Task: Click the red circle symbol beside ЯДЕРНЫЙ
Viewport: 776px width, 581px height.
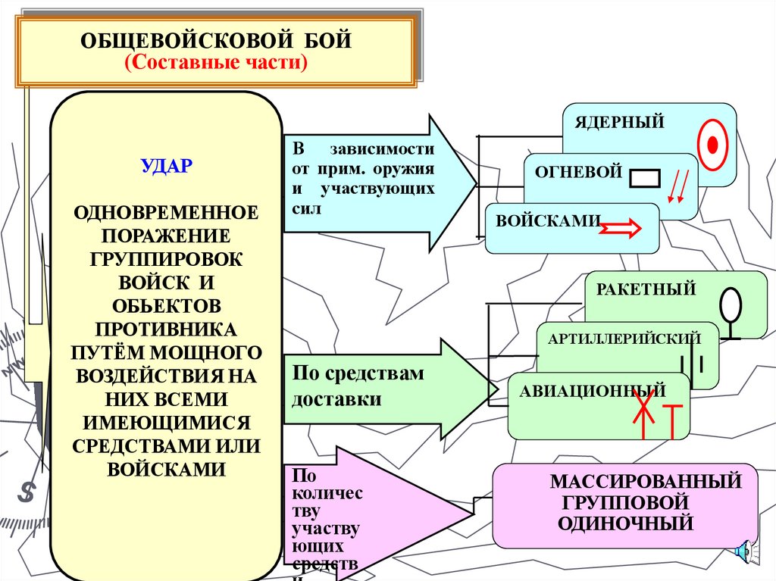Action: coord(712,145)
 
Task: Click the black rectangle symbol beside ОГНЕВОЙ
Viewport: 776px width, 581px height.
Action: coord(645,177)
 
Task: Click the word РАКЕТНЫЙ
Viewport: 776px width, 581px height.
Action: coord(646,289)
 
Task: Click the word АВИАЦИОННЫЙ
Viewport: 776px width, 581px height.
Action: coord(593,391)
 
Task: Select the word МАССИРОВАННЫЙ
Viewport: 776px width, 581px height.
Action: coord(645,481)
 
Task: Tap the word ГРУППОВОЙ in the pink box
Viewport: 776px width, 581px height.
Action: coord(625,501)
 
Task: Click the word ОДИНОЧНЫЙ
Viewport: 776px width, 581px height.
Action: coord(625,522)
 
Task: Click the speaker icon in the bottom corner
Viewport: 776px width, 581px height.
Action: coord(743,551)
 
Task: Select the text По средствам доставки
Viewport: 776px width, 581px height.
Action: coord(358,386)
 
